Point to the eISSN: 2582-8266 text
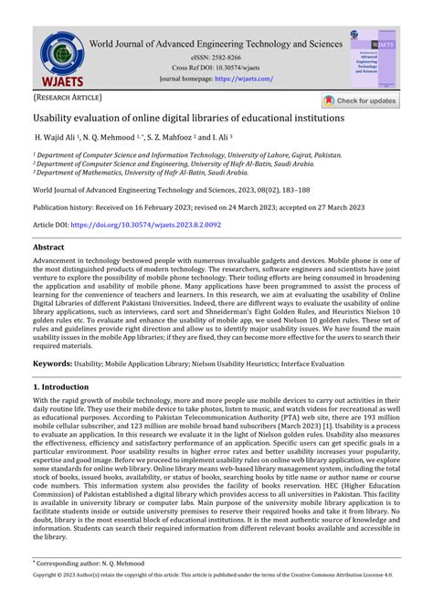[216, 57]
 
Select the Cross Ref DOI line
[216, 68]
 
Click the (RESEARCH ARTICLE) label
[68, 97]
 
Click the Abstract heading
[48, 248]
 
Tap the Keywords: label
[53, 364]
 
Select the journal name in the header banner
[216, 43]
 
